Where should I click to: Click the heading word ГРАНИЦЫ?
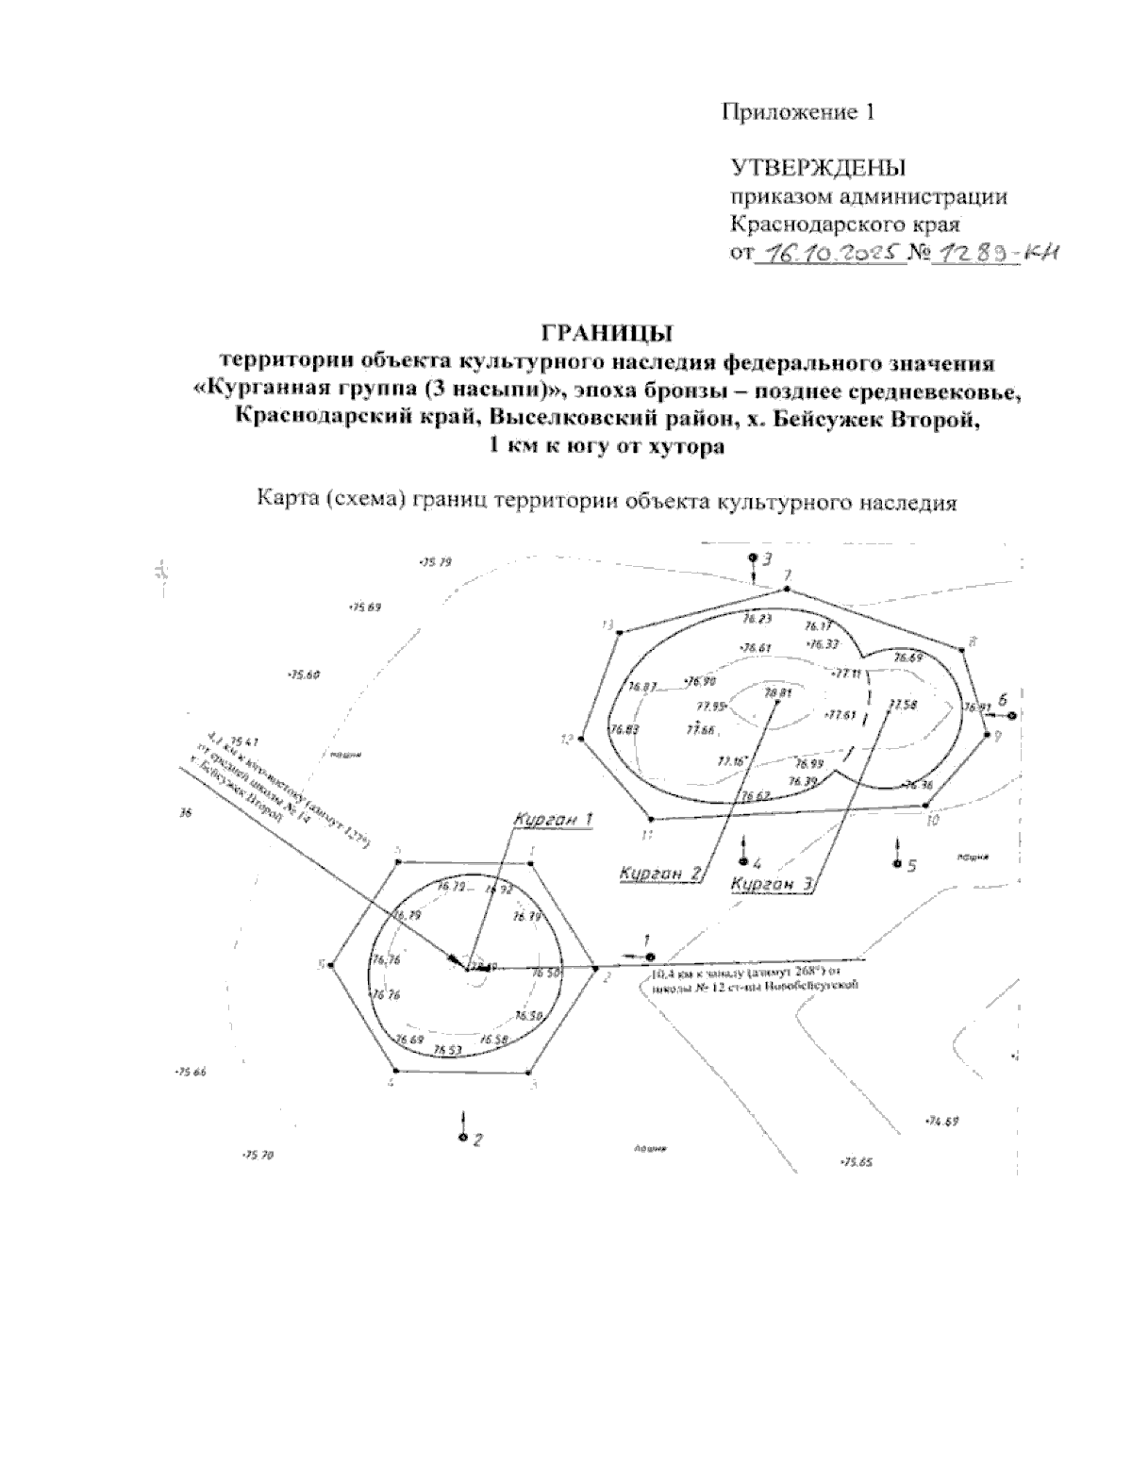(606, 333)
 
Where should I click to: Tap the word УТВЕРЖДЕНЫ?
(818, 169)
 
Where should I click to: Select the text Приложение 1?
(798, 113)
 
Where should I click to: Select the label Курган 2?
(661, 874)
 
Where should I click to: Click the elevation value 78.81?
(776, 692)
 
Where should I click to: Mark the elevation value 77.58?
(902, 704)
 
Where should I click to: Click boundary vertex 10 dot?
(925, 807)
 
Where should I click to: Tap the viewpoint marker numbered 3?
(753, 559)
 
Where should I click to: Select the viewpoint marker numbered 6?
(1011, 716)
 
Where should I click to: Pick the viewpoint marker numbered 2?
(462, 1138)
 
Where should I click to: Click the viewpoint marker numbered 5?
(896, 863)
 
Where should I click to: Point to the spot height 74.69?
(941, 1122)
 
